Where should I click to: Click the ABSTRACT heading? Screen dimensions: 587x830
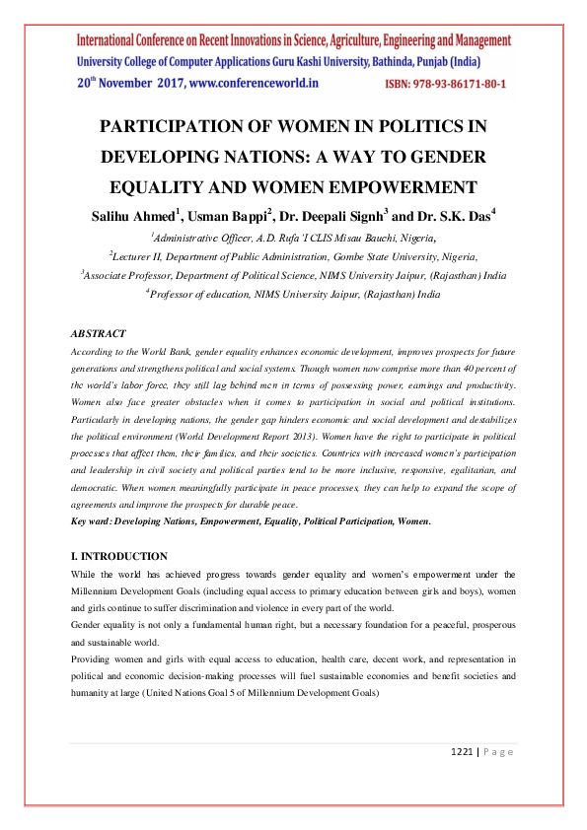(99, 335)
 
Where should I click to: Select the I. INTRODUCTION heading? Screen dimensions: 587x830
(119, 556)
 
